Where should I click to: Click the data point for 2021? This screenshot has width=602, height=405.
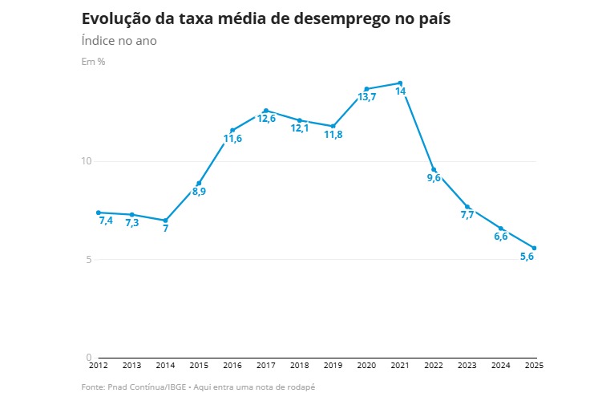click(400, 83)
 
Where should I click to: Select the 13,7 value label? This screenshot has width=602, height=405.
click(367, 97)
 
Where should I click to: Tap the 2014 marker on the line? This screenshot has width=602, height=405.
click(165, 220)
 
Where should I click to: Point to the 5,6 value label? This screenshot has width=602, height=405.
click(527, 257)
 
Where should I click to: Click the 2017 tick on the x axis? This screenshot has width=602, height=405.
click(266, 365)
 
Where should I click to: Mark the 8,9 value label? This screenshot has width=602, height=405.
click(199, 192)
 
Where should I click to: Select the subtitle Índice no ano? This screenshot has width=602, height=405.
click(119, 41)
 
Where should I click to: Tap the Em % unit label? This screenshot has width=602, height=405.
click(93, 62)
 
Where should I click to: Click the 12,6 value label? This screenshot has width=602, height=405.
click(266, 119)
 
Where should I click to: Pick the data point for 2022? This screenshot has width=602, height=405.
click(434, 170)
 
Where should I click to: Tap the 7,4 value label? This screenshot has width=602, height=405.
click(106, 221)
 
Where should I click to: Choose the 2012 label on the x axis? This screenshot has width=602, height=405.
click(98, 365)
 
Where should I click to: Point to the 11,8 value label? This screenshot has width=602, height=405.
click(333, 135)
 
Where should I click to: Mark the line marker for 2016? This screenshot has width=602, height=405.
click(232, 130)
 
